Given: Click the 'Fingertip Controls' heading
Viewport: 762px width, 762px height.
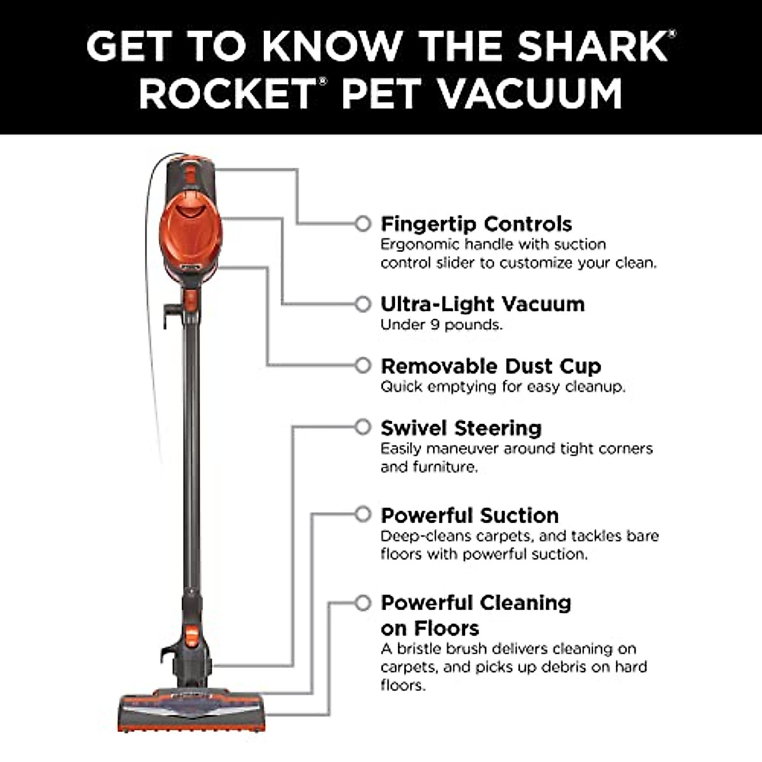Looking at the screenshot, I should point(476,224).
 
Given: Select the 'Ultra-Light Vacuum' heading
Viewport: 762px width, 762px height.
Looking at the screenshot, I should point(482,304).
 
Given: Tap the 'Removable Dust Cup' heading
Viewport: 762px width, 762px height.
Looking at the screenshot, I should point(490,366).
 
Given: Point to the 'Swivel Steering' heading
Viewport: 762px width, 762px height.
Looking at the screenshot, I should point(460,428).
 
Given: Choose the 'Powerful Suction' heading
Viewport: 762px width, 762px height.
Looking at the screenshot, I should point(469,515).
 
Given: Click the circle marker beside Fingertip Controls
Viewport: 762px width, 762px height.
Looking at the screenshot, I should point(363,224).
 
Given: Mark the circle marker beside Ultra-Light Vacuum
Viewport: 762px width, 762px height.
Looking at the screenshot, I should point(363,304).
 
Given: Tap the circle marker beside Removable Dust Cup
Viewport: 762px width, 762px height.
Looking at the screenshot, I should point(363,366).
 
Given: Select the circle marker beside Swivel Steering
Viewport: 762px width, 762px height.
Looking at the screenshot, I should point(363,427).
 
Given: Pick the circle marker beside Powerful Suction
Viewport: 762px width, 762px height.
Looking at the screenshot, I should point(363,514).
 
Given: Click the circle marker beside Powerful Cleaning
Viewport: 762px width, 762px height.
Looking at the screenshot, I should point(363,602).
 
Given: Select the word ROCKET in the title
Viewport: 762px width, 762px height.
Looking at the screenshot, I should point(225,94).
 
